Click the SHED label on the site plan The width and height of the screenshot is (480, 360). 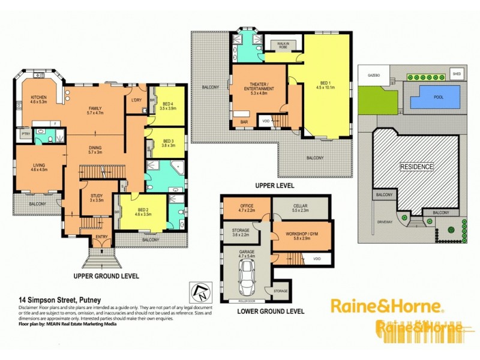click(x=457, y=74)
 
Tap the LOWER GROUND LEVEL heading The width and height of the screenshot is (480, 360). click(x=270, y=312)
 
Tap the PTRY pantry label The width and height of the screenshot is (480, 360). click(x=25, y=135)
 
